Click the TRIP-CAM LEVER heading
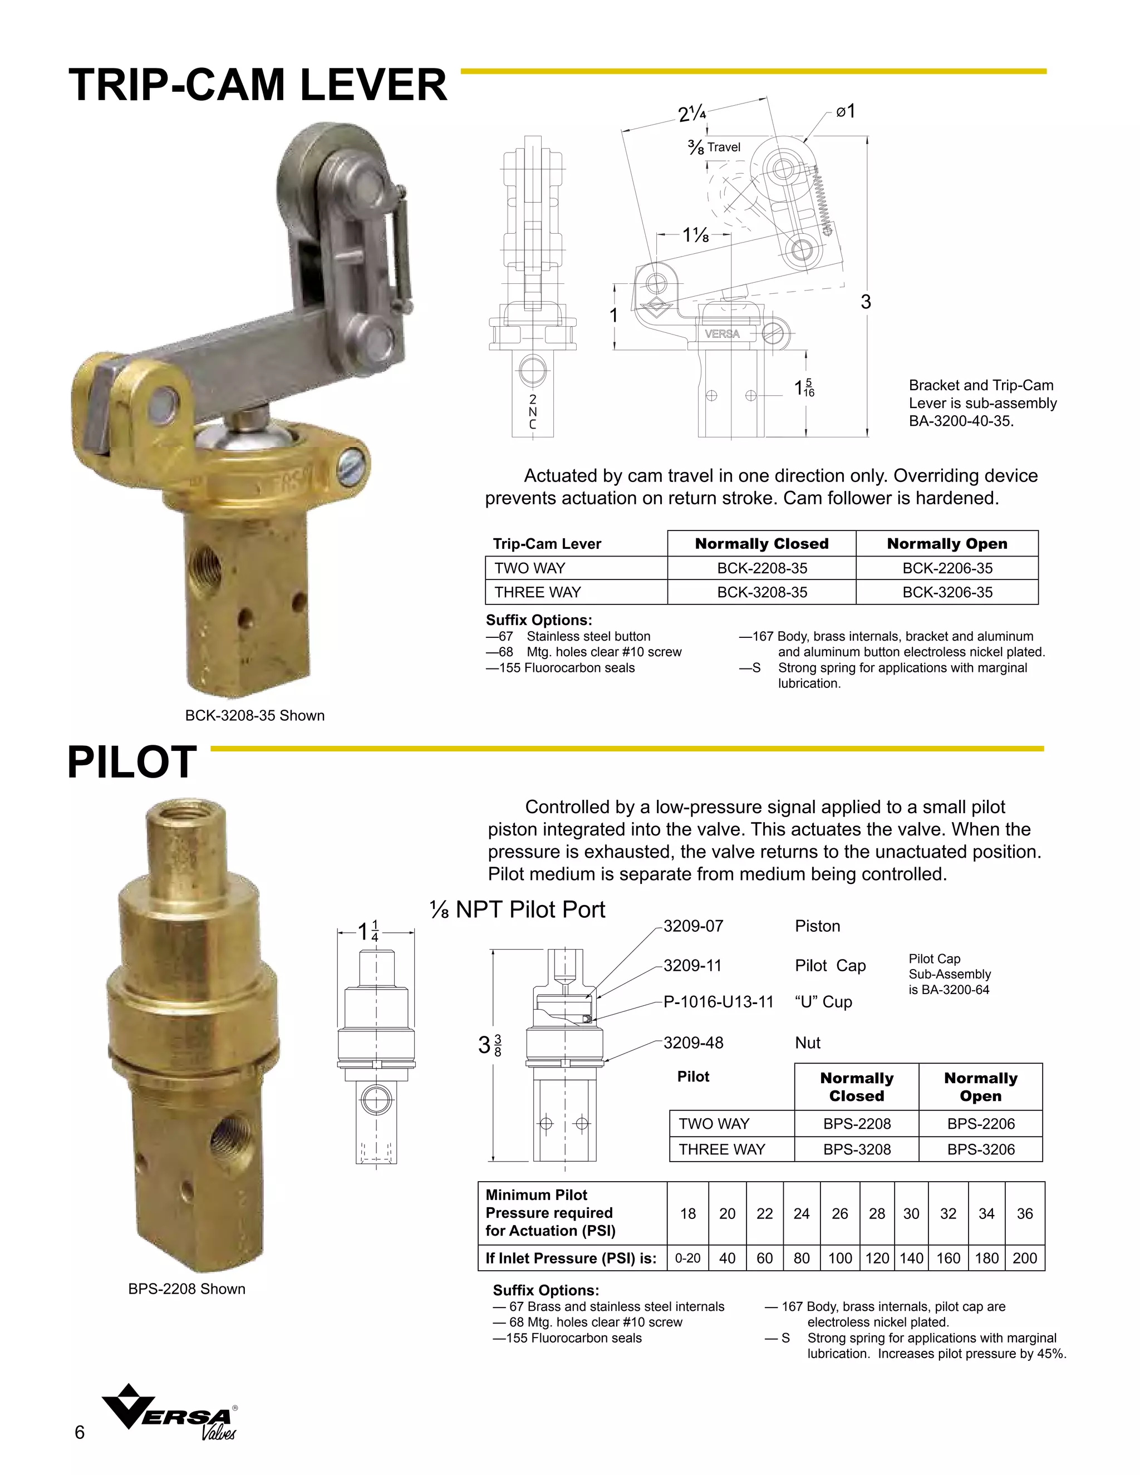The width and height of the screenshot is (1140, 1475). [257, 86]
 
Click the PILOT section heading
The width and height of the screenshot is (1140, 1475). [132, 763]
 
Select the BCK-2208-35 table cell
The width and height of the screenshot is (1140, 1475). [762, 568]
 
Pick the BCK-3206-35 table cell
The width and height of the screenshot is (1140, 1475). [947, 592]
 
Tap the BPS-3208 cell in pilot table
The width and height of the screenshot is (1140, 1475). [856, 1149]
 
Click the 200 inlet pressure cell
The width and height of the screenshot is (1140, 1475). [1025, 1258]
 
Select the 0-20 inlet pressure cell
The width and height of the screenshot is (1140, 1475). [687, 1258]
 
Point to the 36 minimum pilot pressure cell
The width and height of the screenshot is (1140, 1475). [1025, 1213]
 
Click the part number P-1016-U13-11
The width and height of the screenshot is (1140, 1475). [718, 1001]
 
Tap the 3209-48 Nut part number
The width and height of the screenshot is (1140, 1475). [693, 1043]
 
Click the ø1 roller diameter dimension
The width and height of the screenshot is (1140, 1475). [846, 111]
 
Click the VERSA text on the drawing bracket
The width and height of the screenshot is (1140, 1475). [722, 333]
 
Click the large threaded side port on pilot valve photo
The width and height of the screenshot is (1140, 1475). [222, 1136]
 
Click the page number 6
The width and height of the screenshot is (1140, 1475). [80, 1433]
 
